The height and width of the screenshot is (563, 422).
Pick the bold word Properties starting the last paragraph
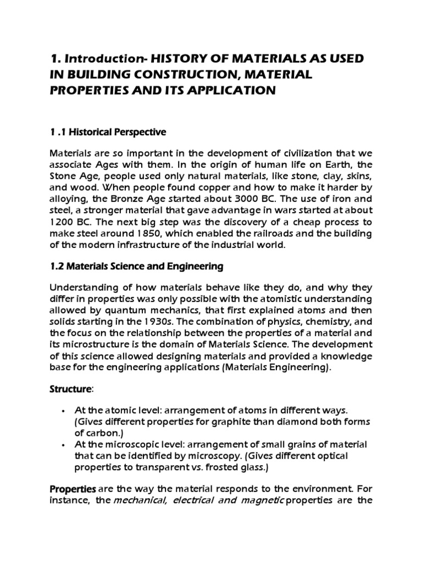coord(73,489)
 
